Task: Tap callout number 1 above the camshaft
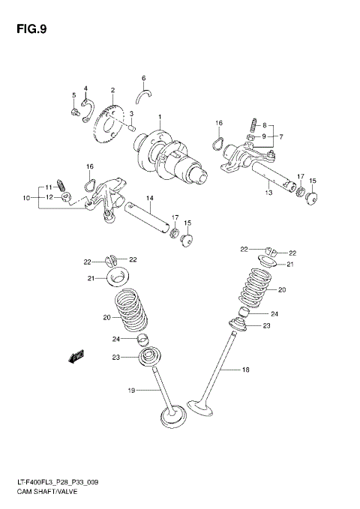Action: (159, 117)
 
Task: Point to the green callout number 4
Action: (86, 88)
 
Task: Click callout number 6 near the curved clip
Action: (143, 78)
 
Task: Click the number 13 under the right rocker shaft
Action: (268, 193)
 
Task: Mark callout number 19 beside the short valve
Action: (131, 390)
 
